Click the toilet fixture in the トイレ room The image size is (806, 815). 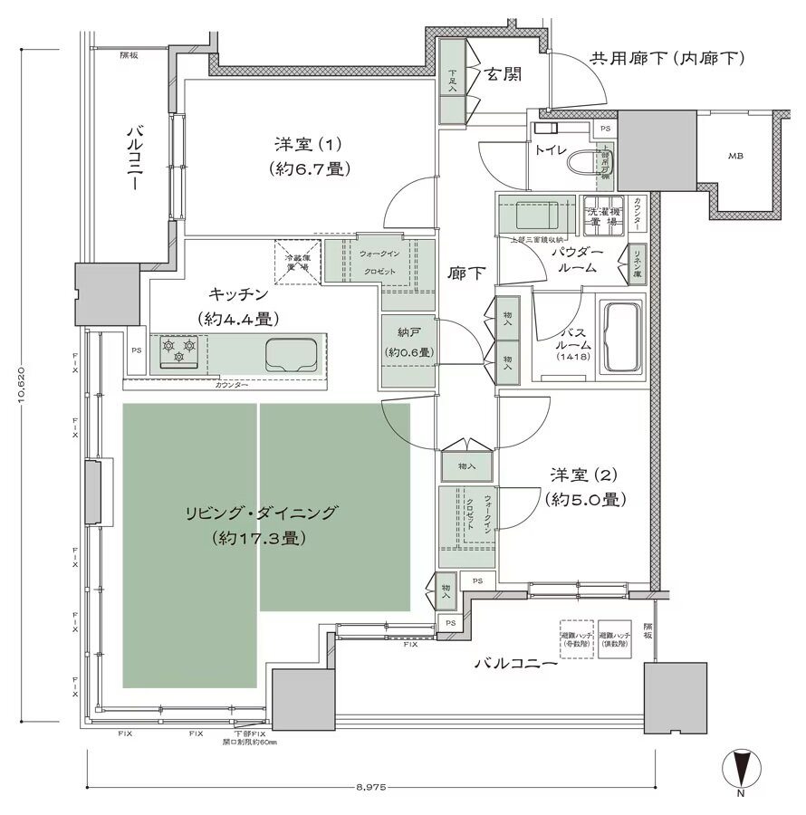coord(598,165)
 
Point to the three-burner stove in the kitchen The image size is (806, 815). coord(178,351)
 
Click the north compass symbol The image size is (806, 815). coord(741,770)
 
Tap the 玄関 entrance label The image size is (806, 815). coord(501,75)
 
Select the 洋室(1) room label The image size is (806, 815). coord(308,155)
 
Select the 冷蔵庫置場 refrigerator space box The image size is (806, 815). coord(298,262)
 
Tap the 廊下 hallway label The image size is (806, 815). coord(465,273)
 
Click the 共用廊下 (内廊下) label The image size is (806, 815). coord(667,59)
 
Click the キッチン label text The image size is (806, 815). coord(237,294)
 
